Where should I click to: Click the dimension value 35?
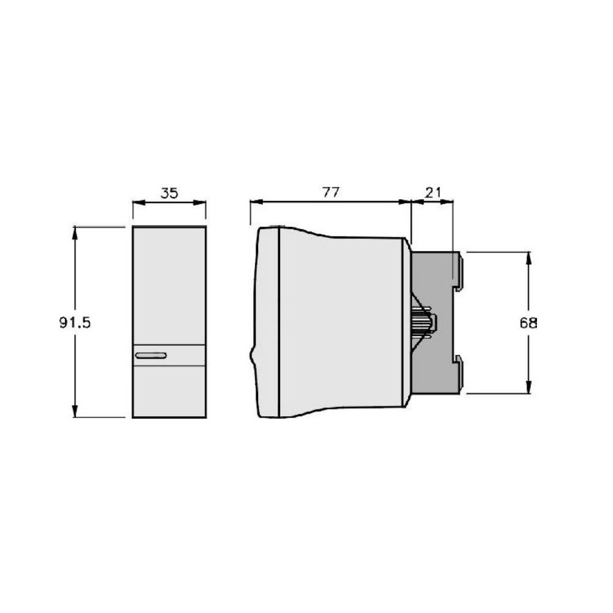[x=169, y=193]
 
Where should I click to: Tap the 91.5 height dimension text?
[x=75, y=322]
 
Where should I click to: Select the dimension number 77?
[x=331, y=192]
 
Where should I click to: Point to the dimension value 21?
[x=432, y=192]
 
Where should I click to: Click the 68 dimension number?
[x=528, y=323]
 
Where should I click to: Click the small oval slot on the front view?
[x=151, y=356]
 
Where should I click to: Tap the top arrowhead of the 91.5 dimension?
[x=75, y=233]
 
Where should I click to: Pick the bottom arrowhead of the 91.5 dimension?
[x=75, y=411]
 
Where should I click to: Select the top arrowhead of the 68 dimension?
[x=528, y=259]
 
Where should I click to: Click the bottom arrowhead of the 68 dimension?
[x=528, y=387]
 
